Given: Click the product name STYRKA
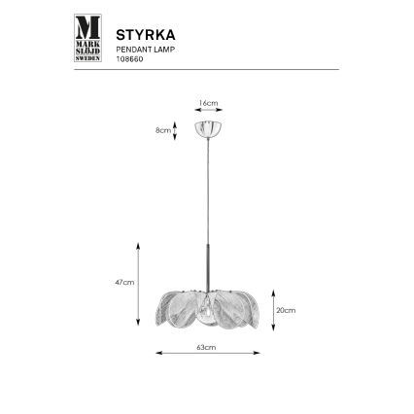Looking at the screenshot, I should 145,30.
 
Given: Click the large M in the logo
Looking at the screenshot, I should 87,26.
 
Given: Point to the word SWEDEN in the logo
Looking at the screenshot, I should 87,57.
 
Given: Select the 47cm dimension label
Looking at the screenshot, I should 122,282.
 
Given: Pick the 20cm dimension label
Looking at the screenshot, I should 287,311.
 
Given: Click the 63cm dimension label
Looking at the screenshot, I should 205,346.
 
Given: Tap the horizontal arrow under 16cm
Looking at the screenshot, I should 207,110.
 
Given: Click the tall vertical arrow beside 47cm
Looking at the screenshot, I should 139,284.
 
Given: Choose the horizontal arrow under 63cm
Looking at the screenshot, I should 205,354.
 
